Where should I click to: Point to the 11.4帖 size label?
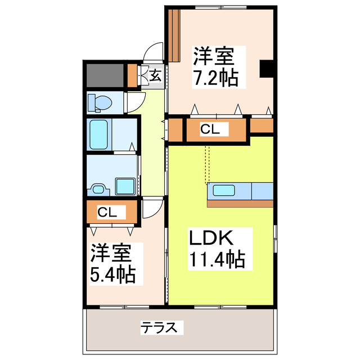tap(216, 259)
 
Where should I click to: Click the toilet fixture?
tap(100, 102)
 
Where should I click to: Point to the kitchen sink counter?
tap(224, 191)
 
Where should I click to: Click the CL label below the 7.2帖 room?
tap(210, 130)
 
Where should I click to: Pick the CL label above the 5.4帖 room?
tap(107, 212)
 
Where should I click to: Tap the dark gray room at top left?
tap(104, 75)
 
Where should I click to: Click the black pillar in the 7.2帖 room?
tap(267, 68)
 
